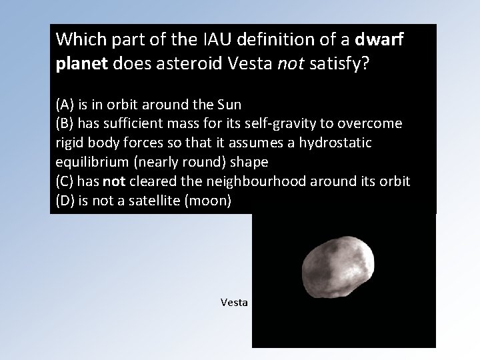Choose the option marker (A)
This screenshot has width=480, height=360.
tap(66, 104)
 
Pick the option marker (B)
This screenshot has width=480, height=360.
tap(66, 123)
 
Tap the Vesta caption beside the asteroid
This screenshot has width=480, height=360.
tap(234, 303)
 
